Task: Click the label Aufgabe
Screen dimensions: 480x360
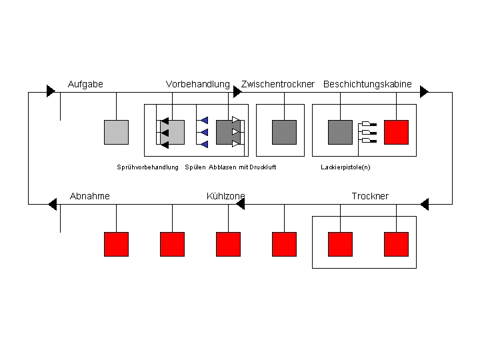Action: point(85,84)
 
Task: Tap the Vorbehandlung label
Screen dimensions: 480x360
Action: point(197,84)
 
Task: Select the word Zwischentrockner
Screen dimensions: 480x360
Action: point(277,84)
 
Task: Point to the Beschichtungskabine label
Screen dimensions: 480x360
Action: point(367,84)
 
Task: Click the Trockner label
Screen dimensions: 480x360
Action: point(370,196)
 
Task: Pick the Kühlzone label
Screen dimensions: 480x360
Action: point(225,196)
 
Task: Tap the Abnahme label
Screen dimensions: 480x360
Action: point(90,196)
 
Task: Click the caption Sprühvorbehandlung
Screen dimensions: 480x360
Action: point(147,167)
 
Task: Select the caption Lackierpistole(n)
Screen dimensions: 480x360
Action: point(345,167)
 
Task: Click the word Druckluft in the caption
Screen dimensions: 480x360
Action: point(263,167)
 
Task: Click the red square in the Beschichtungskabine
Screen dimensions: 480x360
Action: point(396,132)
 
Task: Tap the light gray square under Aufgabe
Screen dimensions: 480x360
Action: point(116,132)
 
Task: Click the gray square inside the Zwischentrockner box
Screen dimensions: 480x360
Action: point(285,132)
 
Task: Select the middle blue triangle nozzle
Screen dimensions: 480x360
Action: point(205,132)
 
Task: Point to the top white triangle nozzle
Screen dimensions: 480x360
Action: point(236,120)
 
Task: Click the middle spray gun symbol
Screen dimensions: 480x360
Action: point(369,133)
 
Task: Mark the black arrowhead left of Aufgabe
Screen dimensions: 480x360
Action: point(51,91)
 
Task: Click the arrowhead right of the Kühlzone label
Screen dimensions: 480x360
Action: point(241,204)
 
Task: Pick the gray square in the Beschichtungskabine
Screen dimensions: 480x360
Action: point(340,132)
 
